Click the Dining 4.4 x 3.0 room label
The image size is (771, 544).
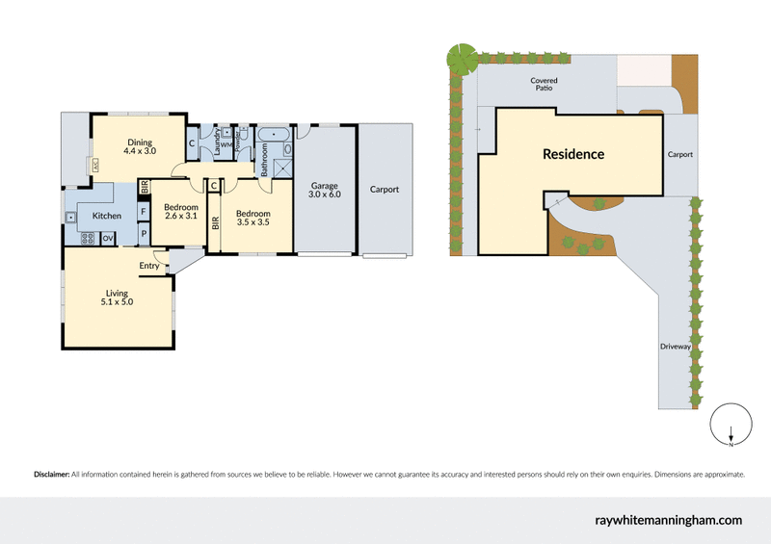click(139, 145)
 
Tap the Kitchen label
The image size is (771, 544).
click(106, 216)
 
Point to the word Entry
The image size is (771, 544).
click(149, 266)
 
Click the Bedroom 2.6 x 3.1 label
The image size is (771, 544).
click(180, 212)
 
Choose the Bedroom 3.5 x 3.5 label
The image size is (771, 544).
click(253, 218)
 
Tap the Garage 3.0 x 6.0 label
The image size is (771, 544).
click(325, 191)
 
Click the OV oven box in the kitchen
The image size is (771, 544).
click(108, 238)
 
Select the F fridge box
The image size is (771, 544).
click(143, 212)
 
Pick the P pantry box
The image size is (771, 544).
click(143, 233)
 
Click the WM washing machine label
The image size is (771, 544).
click(225, 145)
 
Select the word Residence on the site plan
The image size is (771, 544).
click(572, 154)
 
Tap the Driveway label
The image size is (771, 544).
click(676, 347)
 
